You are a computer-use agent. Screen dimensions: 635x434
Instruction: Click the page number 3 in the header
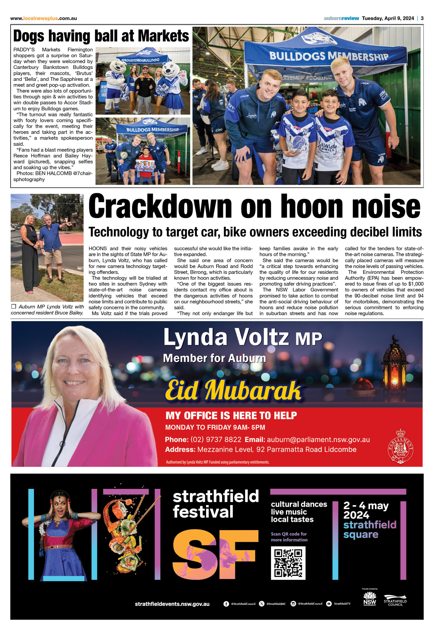(x=422, y=18)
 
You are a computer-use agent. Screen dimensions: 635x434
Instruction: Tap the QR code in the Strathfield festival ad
(x=288, y=563)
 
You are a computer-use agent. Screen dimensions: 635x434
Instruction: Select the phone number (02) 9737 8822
(x=216, y=440)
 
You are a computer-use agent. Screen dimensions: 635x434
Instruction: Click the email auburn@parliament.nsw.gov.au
(x=318, y=440)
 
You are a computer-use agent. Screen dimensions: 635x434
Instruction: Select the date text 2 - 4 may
(x=366, y=506)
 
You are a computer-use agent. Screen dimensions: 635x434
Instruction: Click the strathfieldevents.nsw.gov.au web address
(x=172, y=604)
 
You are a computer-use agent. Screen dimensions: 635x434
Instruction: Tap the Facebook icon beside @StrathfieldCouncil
(x=226, y=604)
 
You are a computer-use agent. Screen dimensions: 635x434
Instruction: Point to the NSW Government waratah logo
(x=370, y=599)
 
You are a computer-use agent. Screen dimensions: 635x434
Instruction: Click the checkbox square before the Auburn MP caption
(x=14, y=307)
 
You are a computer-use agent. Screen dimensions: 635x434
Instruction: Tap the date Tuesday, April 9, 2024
(x=388, y=18)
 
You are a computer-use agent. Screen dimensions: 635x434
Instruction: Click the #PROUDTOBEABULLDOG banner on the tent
(x=140, y=60)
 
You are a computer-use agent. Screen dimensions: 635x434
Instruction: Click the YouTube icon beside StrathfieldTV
(x=329, y=604)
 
